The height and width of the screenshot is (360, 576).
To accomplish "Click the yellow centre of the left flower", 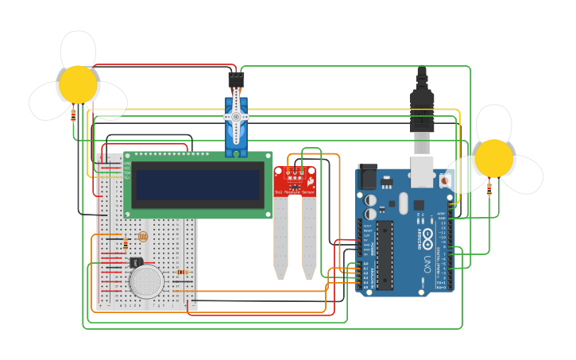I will tap(78, 84).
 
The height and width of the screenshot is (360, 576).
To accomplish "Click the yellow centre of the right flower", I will tap(494, 158).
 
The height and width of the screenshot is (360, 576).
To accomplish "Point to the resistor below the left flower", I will tap(74, 114).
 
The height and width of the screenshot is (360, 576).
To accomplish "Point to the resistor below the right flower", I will tap(489, 188).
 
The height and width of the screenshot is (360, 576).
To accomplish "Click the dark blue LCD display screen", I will tap(198, 184).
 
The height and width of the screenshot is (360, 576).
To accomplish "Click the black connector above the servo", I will tap(236, 79).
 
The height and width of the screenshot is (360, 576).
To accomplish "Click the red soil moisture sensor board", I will tap(294, 182).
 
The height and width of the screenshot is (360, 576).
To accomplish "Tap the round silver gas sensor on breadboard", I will tap(147, 281).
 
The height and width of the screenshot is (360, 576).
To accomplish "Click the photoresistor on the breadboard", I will tap(143, 237).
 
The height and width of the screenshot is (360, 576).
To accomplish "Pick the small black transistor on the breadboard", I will tap(136, 261).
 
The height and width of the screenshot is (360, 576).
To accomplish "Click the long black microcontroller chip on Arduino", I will tap(385, 254).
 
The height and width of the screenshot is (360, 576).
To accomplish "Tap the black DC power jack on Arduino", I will tap(368, 176).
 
